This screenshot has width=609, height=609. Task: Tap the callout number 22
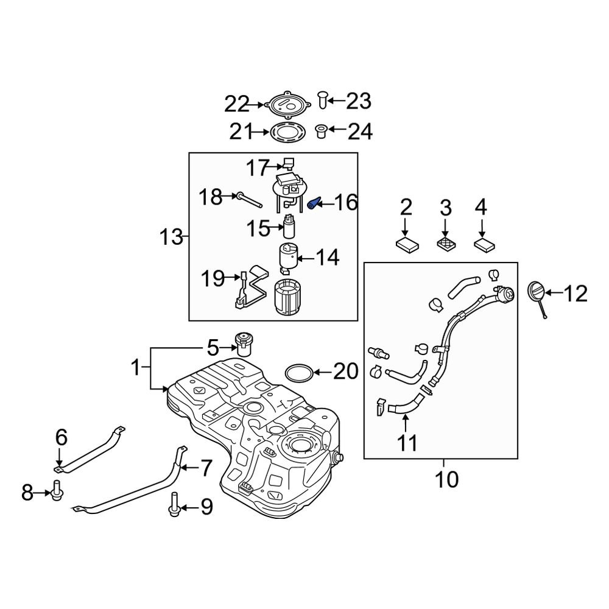coord(236,104)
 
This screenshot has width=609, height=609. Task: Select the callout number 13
coord(171,237)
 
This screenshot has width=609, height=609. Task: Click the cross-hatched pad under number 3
coord(446,244)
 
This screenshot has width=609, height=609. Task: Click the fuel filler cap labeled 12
coord(535,292)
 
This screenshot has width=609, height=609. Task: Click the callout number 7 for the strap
coord(205,468)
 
